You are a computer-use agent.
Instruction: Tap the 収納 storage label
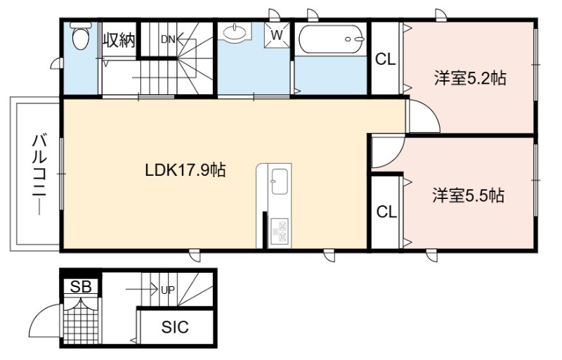tap(119, 41)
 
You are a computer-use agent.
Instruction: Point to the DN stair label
tap(168, 39)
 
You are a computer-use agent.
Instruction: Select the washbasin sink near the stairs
tap(235, 32)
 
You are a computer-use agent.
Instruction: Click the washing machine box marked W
tap(277, 35)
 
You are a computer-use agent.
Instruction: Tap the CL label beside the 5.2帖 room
tap(385, 59)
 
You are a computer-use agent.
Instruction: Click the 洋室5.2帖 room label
tap(470, 78)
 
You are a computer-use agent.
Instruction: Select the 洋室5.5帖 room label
tap(469, 195)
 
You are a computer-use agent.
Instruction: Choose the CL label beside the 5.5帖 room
tap(387, 212)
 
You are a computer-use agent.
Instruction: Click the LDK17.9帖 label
tap(185, 170)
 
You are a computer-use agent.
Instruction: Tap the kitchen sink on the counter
tap(279, 181)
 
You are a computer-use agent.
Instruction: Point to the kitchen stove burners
tap(280, 231)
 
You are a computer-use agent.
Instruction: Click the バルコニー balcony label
tap(39, 174)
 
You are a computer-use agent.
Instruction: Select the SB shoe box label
tap(81, 286)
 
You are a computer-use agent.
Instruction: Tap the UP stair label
tap(168, 290)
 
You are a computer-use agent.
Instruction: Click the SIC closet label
tap(175, 327)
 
